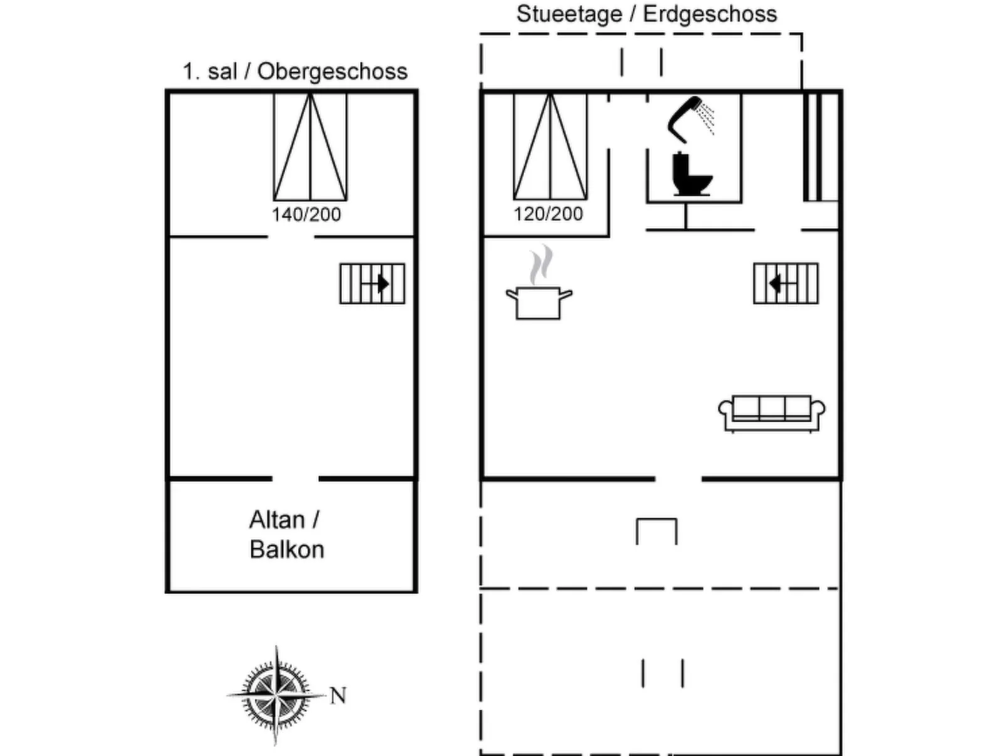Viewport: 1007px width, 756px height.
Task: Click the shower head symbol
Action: click(688, 119)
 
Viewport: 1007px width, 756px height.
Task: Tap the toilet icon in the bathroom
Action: click(691, 174)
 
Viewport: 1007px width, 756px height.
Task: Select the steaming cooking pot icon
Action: click(539, 292)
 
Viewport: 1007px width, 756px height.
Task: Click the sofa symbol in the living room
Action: click(771, 413)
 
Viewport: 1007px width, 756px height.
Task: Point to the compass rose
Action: click(276, 695)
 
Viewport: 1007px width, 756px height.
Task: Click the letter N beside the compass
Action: click(338, 695)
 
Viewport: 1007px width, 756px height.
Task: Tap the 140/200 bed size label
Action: click(306, 215)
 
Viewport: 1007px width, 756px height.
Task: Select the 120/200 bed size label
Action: click(548, 214)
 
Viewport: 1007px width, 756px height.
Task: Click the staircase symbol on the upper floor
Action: click(372, 284)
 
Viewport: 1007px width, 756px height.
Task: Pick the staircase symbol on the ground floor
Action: click(786, 284)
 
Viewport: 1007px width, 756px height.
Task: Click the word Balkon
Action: click(287, 550)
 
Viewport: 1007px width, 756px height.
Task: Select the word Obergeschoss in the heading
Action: click(332, 72)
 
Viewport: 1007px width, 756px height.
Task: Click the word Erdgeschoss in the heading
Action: click(710, 14)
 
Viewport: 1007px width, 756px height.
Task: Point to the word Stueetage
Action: click(569, 14)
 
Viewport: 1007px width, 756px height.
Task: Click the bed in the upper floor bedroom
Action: click(310, 147)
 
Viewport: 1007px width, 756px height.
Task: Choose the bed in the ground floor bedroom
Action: click(550, 147)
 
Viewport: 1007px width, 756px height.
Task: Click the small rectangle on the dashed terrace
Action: click(656, 531)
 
